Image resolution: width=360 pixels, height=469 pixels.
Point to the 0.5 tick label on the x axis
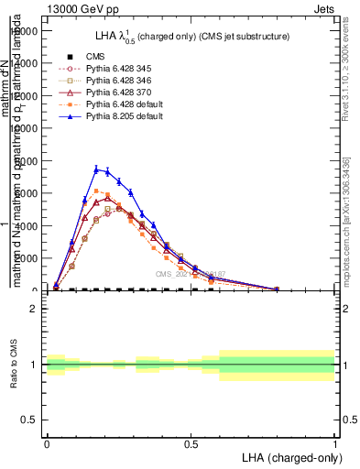191,443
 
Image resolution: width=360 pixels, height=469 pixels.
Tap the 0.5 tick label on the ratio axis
30,420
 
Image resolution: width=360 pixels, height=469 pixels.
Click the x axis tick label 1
335,443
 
